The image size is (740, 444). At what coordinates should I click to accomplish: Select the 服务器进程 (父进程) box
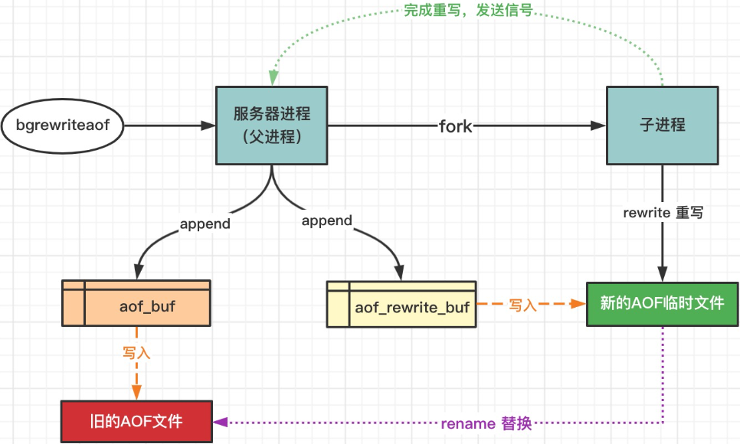click(x=272, y=125)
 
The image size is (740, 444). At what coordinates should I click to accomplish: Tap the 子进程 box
click(x=663, y=125)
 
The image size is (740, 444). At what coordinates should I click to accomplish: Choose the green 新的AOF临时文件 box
click(x=662, y=303)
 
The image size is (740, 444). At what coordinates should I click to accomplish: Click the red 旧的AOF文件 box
click(x=136, y=422)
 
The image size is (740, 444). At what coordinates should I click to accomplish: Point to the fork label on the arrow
click(x=455, y=126)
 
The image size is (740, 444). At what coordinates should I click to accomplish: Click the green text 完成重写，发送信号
click(x=467, y=13)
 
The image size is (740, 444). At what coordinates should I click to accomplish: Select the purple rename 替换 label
click(x=486, y=423)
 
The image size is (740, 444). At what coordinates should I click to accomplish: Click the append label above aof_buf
click(x=205, y=224)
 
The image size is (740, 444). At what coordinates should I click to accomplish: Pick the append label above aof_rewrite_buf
click(x=326, y=220)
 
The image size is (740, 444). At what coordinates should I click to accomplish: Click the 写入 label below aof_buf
click(x=136, y=353)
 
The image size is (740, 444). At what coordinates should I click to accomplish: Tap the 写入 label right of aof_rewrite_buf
click(x=523, y=305)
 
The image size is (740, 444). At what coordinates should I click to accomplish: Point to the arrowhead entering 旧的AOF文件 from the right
click(x=220, y=422)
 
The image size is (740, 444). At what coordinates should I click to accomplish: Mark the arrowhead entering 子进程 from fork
click(x=599, y=125)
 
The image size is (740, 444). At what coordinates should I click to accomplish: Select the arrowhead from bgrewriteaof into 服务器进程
click(x=208, y=125)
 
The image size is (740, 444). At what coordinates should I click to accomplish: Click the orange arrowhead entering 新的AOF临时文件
click(x=580, y=304)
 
